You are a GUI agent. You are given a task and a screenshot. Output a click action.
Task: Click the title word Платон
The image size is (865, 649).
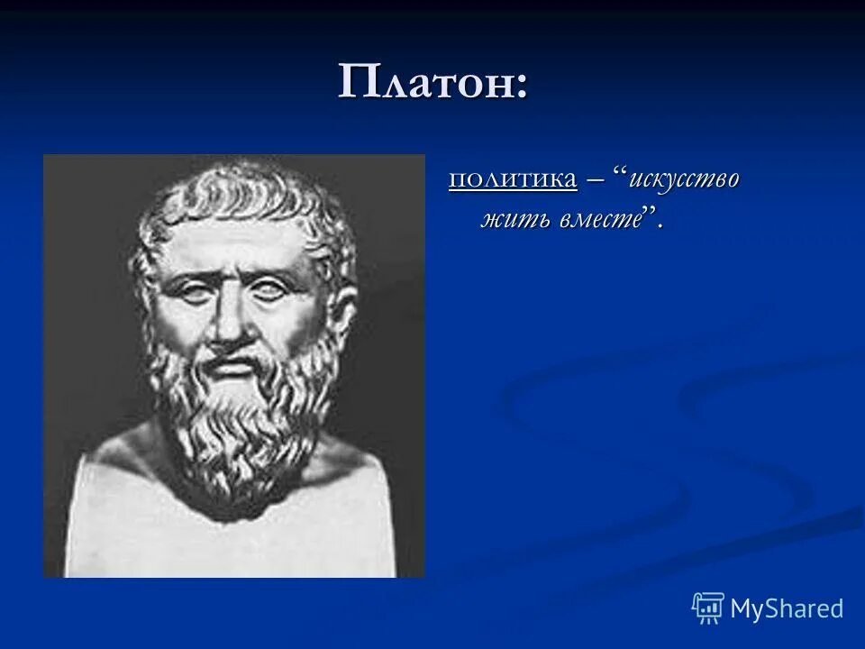pyautogui.click(x=423, y=83)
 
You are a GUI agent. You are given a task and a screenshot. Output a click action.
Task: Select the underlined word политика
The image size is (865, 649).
pyautogui.click(x=513, y=178)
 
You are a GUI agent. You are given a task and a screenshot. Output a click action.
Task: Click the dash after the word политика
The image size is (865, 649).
pyautogui.click(x=596, y=179)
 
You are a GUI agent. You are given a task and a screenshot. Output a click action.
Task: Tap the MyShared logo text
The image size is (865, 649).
pyautogui.click(x=787, y=608)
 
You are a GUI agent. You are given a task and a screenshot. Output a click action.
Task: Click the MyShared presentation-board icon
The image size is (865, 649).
pyautogui.click(x=708, y=608)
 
